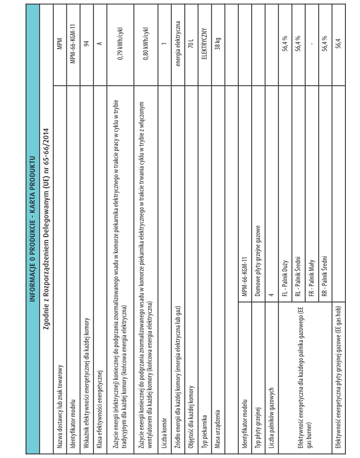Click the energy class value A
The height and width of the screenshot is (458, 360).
pos(100,40)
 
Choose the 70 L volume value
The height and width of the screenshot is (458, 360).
pos(190,41)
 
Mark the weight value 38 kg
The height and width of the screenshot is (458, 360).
pos(216,41)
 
